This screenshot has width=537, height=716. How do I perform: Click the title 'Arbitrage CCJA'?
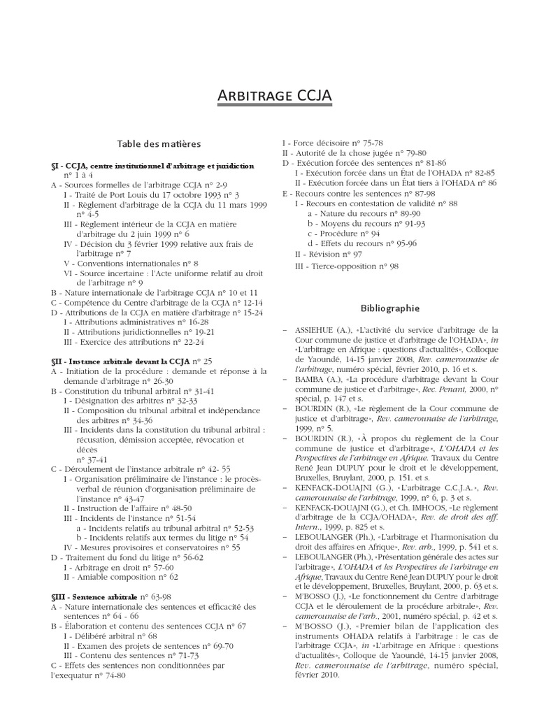click(x=268, y=95)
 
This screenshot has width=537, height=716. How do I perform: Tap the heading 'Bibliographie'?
click(x=389, y=307)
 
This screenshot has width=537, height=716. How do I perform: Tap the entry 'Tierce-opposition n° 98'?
click(x=338, y=266)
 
